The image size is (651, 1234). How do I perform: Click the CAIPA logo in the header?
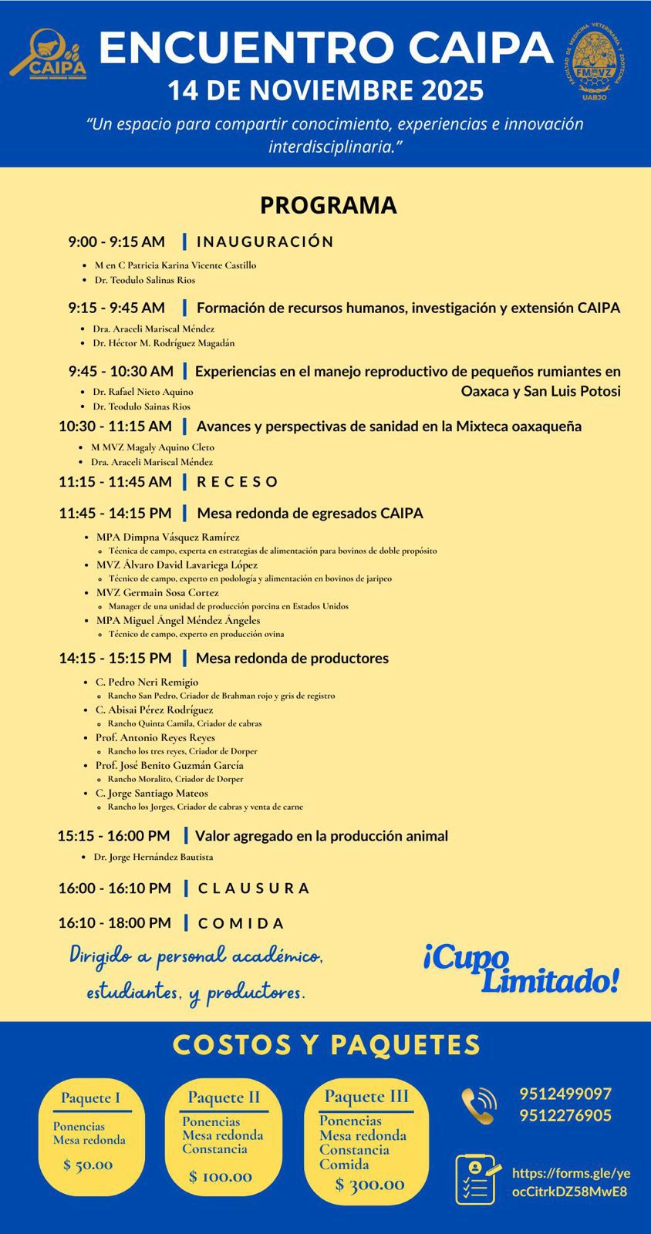coord(48,54)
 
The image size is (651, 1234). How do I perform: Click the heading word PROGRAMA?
coord(328,205)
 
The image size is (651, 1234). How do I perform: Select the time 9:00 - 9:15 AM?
coord(116,242)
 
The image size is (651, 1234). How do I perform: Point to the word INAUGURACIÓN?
coord(265,242)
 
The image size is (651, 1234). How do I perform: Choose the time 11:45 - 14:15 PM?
coord(115,514)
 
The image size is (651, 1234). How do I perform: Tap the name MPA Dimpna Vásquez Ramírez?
coord(167,537)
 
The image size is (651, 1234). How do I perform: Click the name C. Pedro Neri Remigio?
coord(147,682)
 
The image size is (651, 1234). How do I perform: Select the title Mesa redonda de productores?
coord(292,659)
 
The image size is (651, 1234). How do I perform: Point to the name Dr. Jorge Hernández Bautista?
coord(153,857)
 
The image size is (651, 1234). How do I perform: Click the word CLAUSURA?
coord(253,888)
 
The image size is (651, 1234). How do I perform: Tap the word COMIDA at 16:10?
coord(241,923)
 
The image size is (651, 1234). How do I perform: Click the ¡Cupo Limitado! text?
coord(521,969)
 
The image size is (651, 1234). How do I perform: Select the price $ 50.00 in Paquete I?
coord(88,1165)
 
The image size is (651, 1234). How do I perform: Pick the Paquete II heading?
coord(224,1097)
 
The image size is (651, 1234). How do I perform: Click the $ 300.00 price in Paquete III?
coord(369,1185)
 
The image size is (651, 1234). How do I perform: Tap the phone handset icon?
coord(478,1105)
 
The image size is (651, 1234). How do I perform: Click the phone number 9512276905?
coord(565,1116)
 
